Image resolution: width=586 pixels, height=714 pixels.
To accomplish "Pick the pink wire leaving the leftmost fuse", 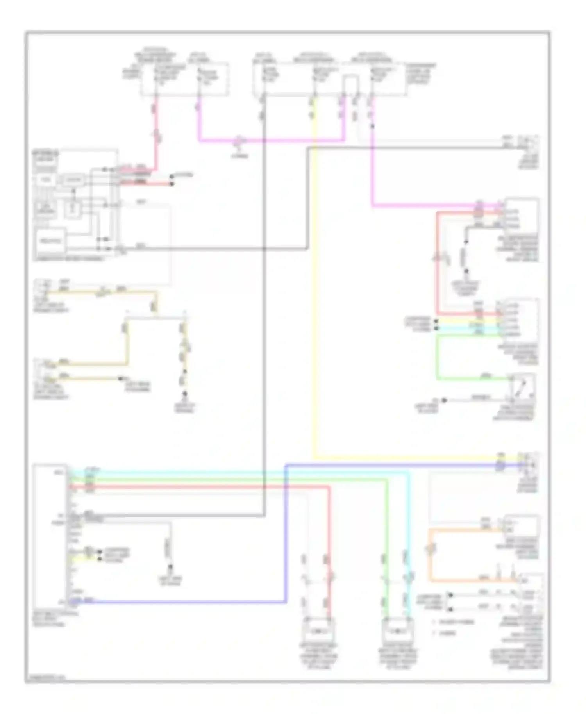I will point(156,133).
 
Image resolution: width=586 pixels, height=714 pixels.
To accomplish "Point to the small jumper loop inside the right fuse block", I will point(350,84).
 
